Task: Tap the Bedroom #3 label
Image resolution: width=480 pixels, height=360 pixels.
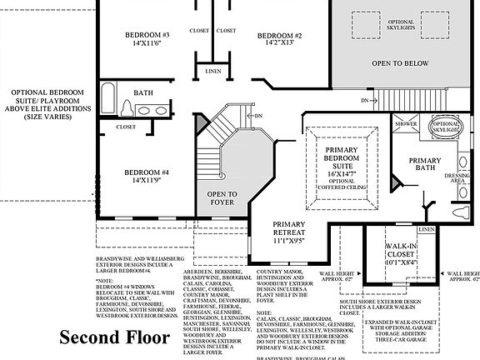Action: click(x=147, y=35)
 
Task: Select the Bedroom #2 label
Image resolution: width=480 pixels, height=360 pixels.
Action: click(x=278, y=36)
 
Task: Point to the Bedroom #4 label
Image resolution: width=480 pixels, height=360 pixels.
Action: click(x=147, y=173)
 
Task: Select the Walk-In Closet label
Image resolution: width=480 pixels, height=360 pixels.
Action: click(x=402, y=253)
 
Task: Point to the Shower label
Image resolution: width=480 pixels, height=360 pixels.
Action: click(x=406, y=122)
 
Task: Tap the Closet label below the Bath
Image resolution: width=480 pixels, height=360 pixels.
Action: click(x=126, y=127)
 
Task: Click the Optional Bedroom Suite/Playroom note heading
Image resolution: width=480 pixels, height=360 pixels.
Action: click(x=47, y=106)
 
